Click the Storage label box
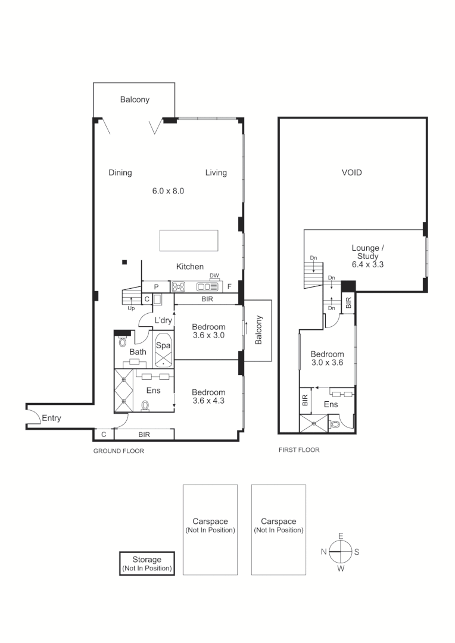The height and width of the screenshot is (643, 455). click(x=147, y=564)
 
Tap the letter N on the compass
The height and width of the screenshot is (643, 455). click(x=323, y=552)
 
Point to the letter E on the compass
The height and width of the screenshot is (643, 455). click(x=341, y=536)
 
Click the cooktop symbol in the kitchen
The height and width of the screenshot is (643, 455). click(x=179, y=287)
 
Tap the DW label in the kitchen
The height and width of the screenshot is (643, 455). click(x=214, y=275)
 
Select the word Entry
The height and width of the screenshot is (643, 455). click(x=51, y=418)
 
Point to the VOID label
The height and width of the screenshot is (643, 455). click(x=351, y=173)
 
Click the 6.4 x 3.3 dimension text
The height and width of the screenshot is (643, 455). click(x=367, y=264)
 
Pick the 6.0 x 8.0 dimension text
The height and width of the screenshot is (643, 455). click(x=168, y=191)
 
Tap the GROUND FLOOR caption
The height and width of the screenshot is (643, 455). click(x=119, y=451)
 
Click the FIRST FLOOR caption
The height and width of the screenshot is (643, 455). click(x=299, y=450)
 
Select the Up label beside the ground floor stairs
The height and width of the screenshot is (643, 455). click(x=131, y=308)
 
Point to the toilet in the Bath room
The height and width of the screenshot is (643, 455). click(x=123, y=342)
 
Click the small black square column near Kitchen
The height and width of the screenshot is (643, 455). click(x=124, y=262)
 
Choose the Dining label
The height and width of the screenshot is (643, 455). click(x=120, y=173)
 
